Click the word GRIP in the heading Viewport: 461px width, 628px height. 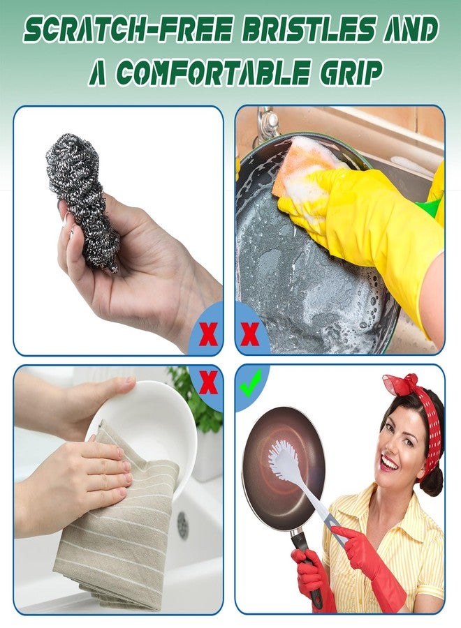coord(345,72)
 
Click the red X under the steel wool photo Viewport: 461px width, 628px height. coord(207,336)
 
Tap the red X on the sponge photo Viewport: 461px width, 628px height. coord(249,336)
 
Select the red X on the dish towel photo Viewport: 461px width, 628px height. coord(207,383)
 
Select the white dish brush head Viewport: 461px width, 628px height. coord(283,461)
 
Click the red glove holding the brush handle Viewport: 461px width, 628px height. coord(367,558)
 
